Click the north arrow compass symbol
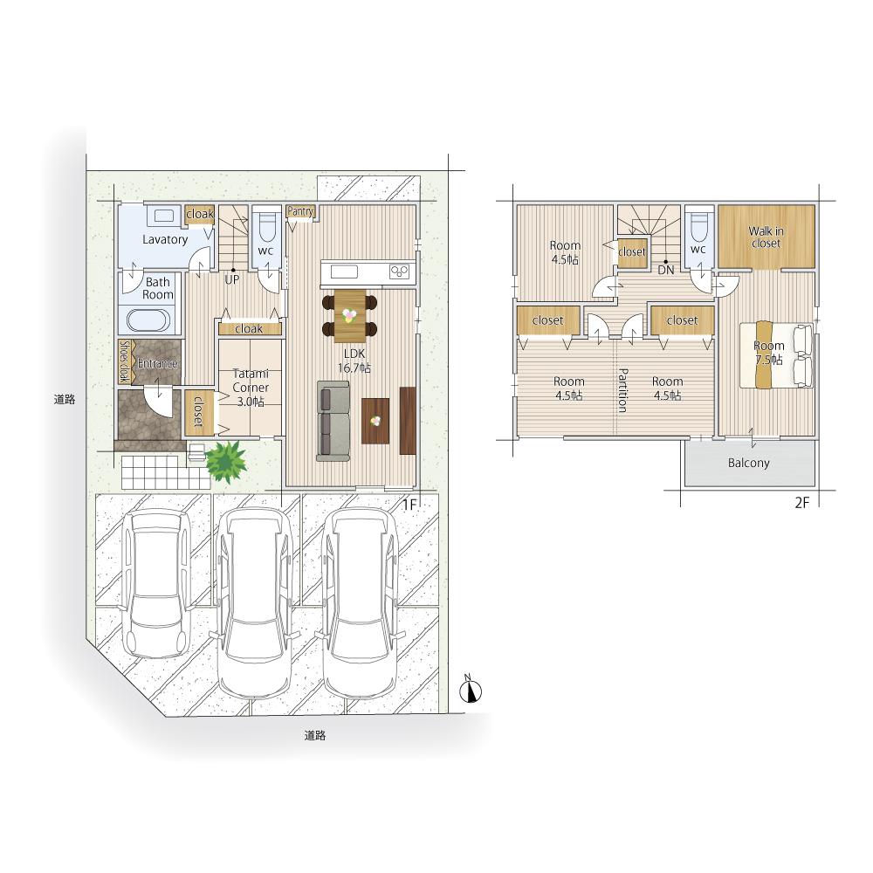point(471,690)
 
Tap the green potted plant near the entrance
point(226,461)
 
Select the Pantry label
point(300,211)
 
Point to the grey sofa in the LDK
point(333,421)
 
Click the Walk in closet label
point(766,237)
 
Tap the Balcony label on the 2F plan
point(748,463)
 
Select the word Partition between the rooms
point(623,389)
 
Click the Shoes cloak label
point(125,362)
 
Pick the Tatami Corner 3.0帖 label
point(251,388)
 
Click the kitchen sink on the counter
point(344,272)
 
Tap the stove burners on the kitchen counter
point(400,272)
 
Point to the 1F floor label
point(409,505)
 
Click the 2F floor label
point(801,503)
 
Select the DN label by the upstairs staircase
point(666,271)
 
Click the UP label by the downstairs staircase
point(231,280)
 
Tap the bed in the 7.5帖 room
point(776,354)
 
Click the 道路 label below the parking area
point(314,735)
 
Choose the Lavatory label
point(165,239)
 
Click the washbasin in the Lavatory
point(163,216)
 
